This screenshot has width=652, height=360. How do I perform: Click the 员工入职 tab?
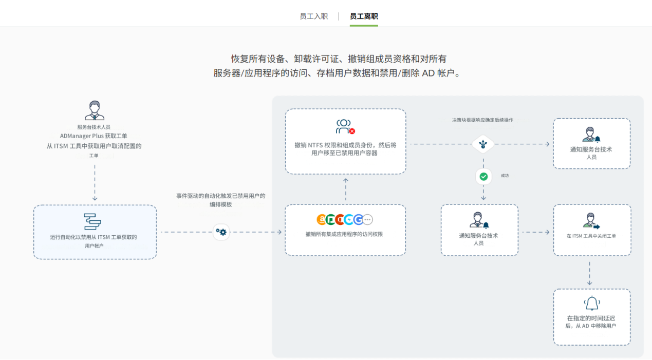click(x=313, y=16)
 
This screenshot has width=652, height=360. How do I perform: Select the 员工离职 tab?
click(x=364, y=16)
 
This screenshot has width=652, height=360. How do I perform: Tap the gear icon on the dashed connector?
click(x=221, y=232)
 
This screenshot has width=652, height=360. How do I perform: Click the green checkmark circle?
click(x=483, y=176)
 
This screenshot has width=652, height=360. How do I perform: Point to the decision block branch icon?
click(x=483, y=144)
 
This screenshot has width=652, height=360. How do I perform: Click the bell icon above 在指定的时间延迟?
click(x=592, y=303)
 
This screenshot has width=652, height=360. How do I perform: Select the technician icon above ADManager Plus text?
click(x=94, y=110)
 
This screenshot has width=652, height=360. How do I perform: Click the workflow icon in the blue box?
click(x=92, y=221)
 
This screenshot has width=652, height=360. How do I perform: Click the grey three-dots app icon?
click(x=367, y=220)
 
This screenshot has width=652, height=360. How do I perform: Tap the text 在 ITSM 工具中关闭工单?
click(x=591, y=236)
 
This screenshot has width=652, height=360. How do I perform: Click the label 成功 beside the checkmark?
click(x=505, y=176)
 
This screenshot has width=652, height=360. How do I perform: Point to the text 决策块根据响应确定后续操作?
click(x=482, y=120)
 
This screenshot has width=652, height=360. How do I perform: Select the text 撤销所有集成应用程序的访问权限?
click(x=344, y=235)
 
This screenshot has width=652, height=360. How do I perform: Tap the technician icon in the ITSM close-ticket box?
click(x=591, y=221)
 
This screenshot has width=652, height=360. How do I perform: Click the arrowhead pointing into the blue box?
click(x=95, y=199)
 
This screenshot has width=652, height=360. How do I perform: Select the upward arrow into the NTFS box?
click(x=345, y=180)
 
